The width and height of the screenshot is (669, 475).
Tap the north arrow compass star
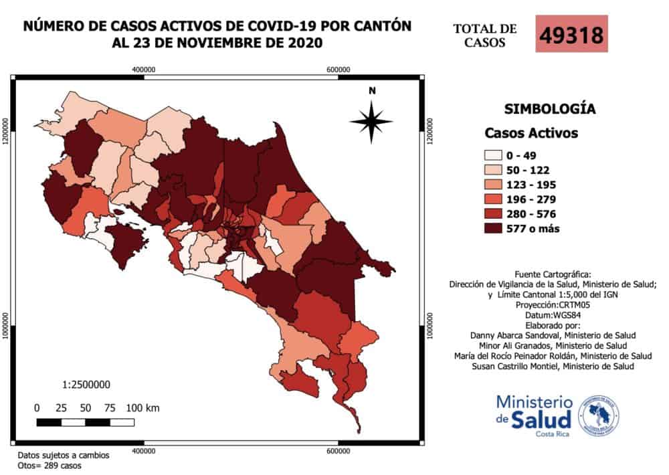pyautogui.click(x=371, y=120)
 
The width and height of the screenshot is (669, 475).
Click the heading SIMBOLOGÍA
pyautogui.click(x=549, y=108)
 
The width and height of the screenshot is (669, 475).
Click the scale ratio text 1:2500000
pyautogui.click(x=86, y=385)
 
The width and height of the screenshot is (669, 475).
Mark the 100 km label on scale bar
pyautogui.click(x=142, y=407)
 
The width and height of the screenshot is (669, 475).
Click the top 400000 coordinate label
pyautogui.click(x=144, y=70)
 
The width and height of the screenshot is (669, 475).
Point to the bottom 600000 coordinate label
pyautogui.click(x=339, y=450)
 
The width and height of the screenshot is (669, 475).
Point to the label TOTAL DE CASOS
pyautogui.click(x=485, y=35)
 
